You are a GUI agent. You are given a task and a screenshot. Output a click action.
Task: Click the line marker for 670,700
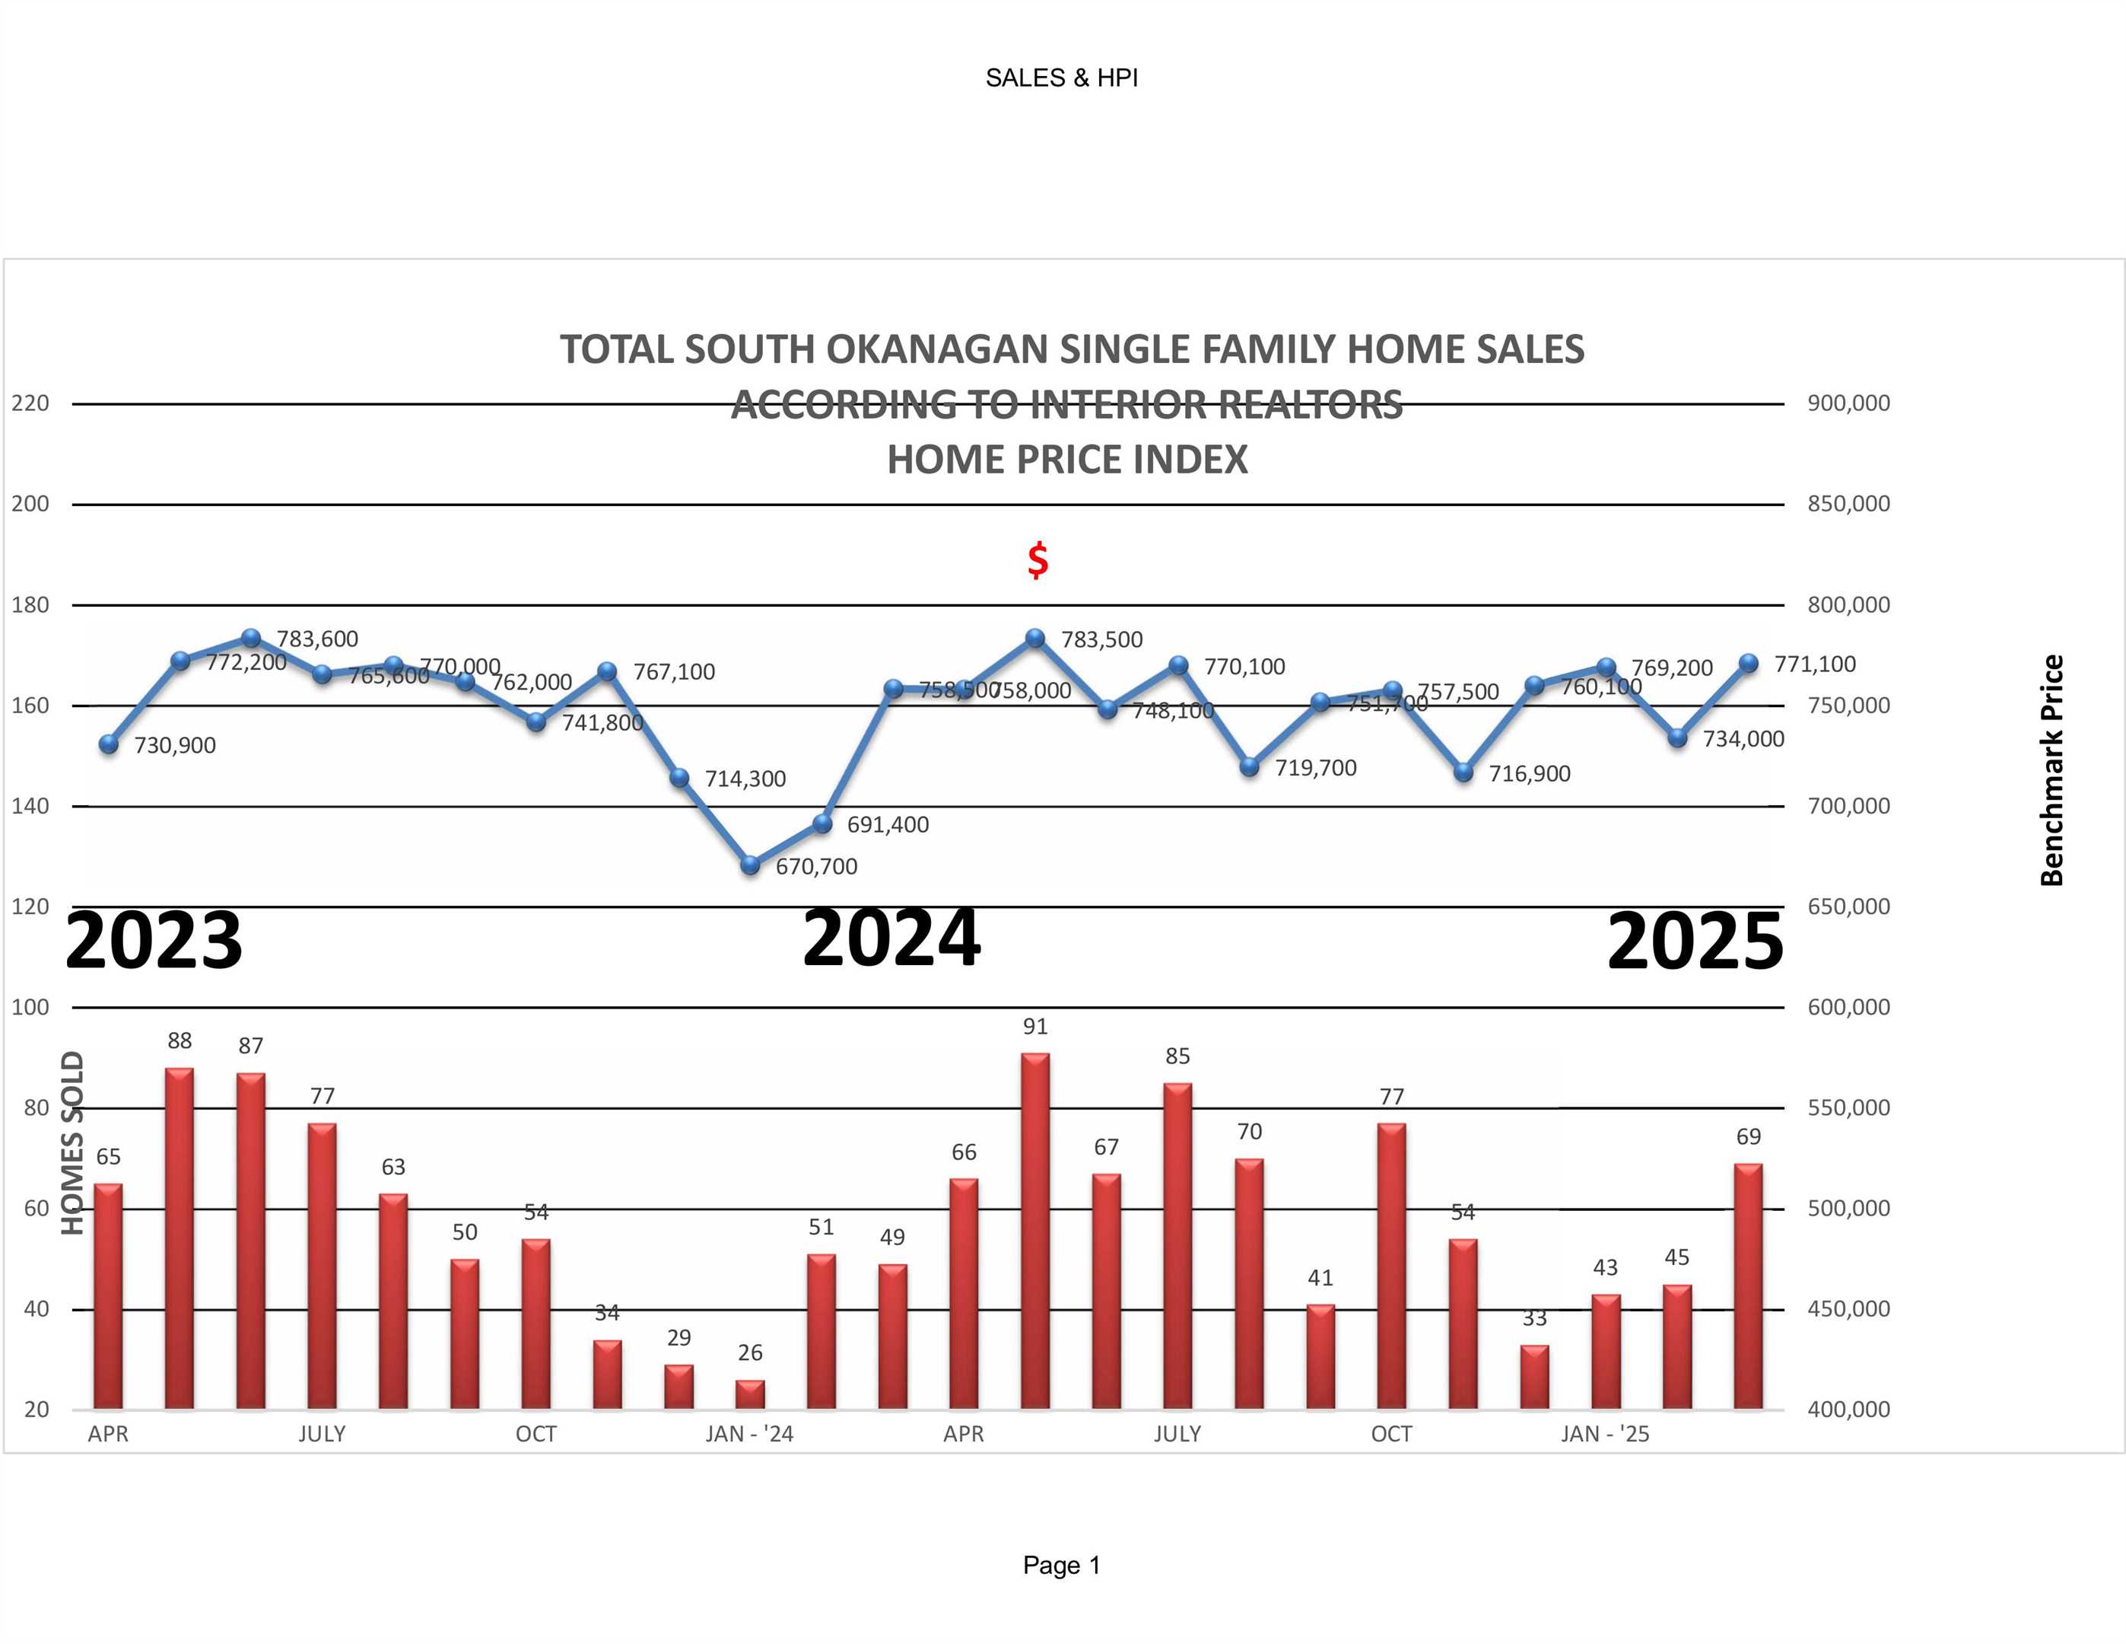(749, 864)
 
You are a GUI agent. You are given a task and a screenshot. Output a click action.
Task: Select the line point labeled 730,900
(109, 744)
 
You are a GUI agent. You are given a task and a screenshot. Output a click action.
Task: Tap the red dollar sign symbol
(1038, 560)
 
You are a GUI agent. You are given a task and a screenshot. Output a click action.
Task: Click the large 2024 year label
(891, 938)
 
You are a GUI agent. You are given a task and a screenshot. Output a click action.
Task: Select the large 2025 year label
(1695, 941)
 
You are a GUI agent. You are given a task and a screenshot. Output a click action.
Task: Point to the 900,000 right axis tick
(1848, 403)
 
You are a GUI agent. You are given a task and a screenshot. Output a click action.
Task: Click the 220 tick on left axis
(30, 403)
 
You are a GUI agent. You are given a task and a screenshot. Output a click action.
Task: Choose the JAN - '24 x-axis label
(749, 1434)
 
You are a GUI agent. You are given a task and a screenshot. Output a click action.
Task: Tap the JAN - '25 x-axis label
(1605, 1434)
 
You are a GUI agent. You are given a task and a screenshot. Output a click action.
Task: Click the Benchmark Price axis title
(2051, 769)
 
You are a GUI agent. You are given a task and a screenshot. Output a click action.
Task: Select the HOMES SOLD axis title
(73, 1142)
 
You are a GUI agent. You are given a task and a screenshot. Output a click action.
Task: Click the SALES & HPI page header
(1061, 78)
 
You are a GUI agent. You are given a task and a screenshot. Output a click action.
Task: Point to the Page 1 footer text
(1061, 1565)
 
